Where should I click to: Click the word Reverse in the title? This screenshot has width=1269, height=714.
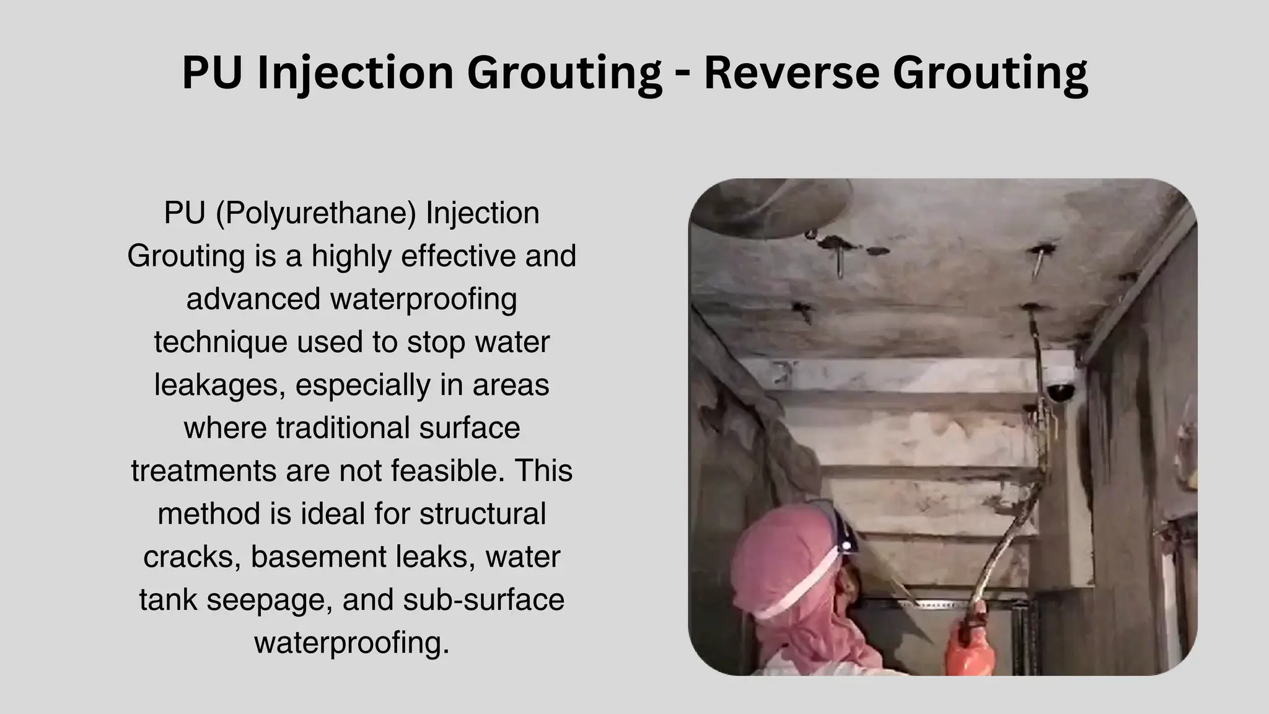coord(791,72)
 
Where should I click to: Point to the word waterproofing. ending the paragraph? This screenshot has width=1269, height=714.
coord(351,643)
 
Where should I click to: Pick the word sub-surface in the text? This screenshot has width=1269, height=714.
coord(483,599)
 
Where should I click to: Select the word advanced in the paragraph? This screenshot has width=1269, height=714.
coord(253,299)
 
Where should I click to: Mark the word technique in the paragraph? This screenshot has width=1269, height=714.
coord(221,342)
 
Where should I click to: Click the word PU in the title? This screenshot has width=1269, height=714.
coord(211,72)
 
